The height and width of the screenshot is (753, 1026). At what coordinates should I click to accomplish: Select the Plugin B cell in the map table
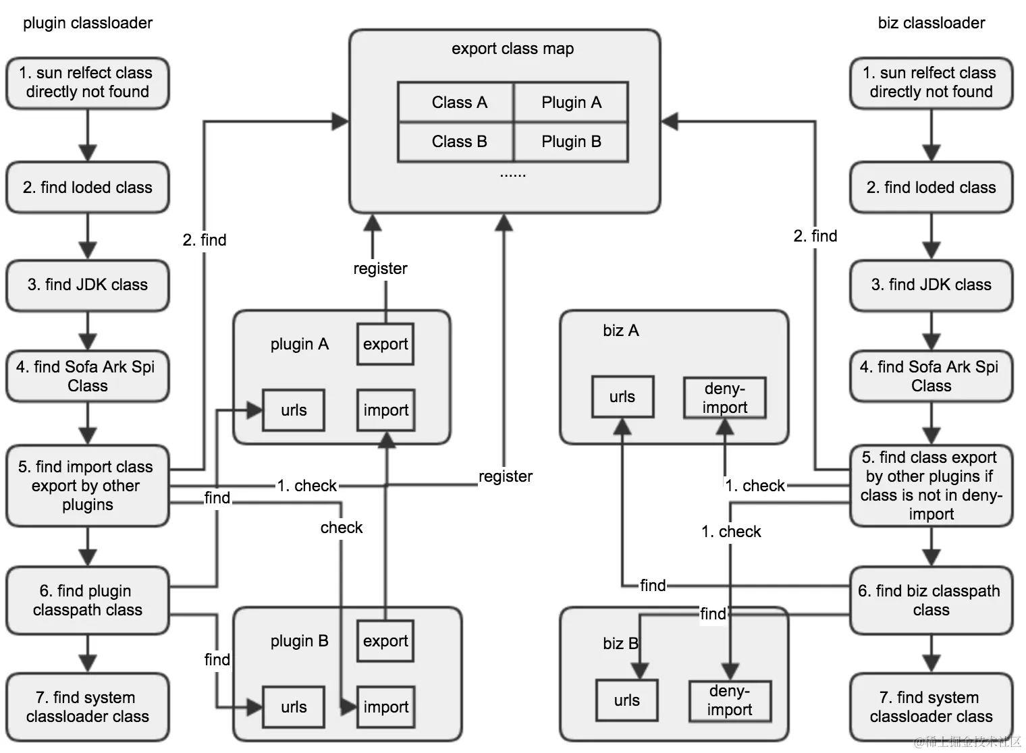coord(571,142)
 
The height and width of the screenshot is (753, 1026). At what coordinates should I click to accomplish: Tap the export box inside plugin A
coord(385,344)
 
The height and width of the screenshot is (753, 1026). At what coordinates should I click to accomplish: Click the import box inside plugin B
coord(385,707)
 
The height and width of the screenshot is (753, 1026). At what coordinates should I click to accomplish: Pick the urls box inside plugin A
coord(294,410)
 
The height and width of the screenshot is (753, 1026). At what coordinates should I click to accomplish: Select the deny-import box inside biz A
coord(725,398)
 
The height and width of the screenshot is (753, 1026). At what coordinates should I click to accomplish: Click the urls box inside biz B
coord(626,700)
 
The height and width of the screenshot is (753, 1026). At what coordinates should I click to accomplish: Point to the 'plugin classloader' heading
coord(88,23)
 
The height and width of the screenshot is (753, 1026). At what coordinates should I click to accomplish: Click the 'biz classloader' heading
coord(931,23)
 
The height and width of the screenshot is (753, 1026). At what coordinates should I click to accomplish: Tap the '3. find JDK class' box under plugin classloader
coord(88,285)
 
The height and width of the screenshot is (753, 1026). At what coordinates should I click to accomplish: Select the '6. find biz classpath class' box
coord(931,601)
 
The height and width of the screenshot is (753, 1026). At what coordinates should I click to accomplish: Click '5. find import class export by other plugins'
coord(88,486)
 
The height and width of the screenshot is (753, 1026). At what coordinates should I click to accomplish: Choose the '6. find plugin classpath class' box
coord(88,601)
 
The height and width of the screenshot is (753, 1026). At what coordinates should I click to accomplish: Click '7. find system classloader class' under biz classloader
coord(931,707)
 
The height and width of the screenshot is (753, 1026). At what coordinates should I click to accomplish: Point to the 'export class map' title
coord(512,49)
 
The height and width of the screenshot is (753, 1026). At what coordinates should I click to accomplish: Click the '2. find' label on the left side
coord(205,240)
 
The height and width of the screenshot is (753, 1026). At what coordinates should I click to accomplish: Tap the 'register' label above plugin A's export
coord(380,269)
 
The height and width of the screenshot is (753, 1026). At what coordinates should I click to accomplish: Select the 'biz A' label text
coord(620,331)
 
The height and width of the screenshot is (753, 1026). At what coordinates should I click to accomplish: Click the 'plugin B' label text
coord(299,641)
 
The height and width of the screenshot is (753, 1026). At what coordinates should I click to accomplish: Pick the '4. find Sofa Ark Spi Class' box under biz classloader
coord(931,376)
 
